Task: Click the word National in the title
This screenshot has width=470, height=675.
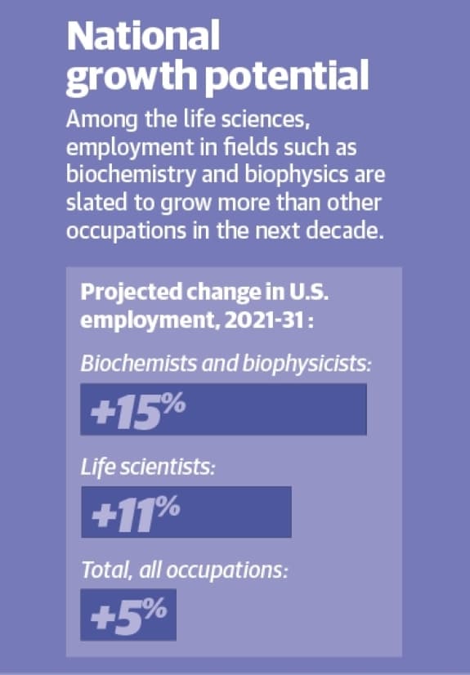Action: tap(143, 37)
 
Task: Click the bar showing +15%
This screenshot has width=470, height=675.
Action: tap(223, 409)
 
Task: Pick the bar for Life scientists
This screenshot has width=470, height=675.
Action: tap(186, 512)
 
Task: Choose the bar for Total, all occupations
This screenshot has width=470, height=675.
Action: tap(128, 615)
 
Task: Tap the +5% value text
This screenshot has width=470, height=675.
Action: tap(128, 615)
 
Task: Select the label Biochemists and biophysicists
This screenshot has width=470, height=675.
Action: tap(226, 364)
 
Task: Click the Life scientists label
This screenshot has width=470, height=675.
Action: tap(147, 467)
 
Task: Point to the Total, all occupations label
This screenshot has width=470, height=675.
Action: tap(184, 570)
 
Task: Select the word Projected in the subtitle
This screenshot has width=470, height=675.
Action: tap(131, 293)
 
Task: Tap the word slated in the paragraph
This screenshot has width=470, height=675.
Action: tap(96, 203)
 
